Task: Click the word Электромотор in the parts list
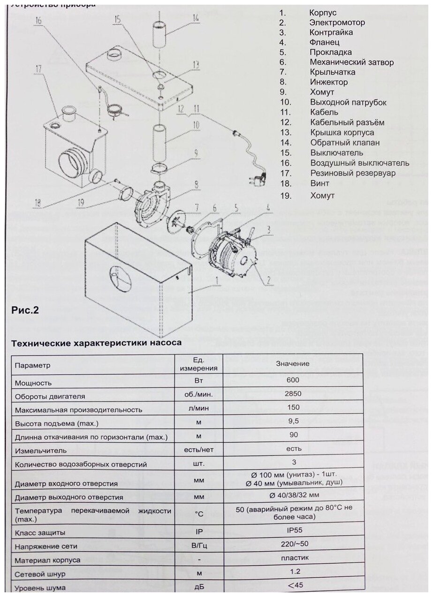pos(337,23)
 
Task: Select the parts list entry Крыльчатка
pos(332,72)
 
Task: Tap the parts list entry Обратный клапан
pos(344,143)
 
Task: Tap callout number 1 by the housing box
pos(217,282)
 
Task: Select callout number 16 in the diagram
pos(38,21)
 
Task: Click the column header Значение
pos(292,363)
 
